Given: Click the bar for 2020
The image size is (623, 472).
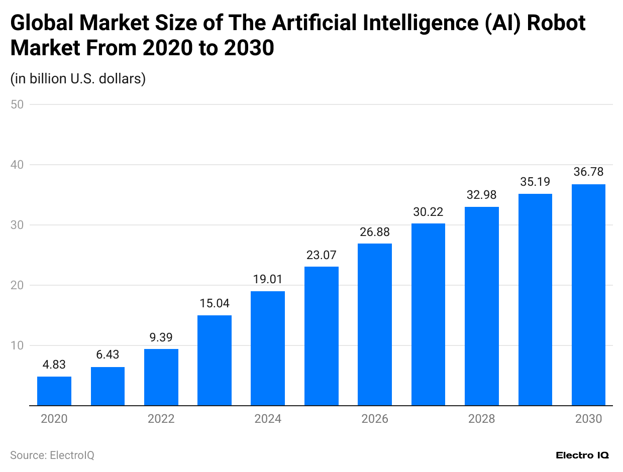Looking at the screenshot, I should tap(54, 391).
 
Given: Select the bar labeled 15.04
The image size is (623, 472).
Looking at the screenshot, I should tap(215, 360).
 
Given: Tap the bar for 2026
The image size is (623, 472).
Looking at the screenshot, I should tap(375, 324).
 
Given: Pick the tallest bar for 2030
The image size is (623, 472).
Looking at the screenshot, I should tap(588, 295).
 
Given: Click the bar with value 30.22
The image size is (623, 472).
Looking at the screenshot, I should tap(428, 314).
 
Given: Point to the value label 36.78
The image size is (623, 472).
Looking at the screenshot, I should tap(588, 172).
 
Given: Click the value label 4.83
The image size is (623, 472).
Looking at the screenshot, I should tap(54, 365).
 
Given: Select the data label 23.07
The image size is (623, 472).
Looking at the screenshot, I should tap(322, 255).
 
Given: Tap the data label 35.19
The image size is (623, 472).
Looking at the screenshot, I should tap(535, 182).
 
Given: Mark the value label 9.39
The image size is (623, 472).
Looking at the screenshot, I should tap(161, 337).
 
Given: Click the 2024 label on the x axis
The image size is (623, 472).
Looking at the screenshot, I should tap(268, 419).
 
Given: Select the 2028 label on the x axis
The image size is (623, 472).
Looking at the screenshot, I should tap(481, 419).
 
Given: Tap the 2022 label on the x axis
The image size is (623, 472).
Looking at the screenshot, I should tap(161, 419).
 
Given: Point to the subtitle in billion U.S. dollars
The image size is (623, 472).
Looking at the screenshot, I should tap(78, 79).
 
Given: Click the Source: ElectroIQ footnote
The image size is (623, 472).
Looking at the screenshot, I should tap(52, 455).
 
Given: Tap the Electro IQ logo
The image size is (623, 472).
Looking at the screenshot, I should tap(582, 455).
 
